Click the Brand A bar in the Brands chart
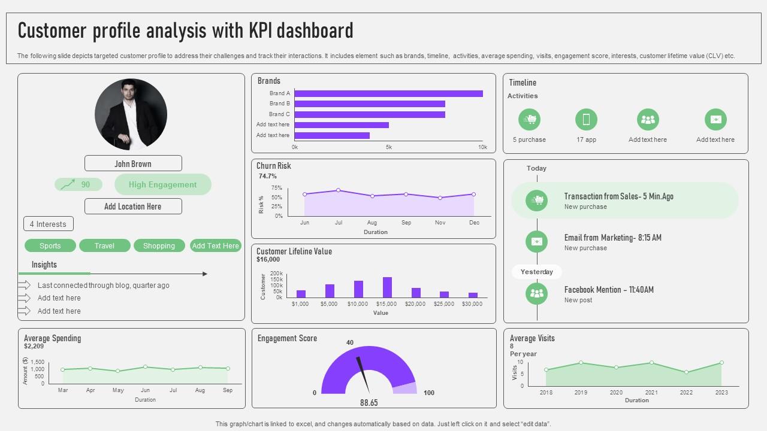point(388,93)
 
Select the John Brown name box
point(133,163)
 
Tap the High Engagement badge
point(162,184)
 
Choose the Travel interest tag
point(104,245)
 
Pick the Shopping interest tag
point(159,245)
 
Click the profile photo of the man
point(131,114)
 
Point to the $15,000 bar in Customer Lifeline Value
point(387,287)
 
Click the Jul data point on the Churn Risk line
point(339,190)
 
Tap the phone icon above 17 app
point(586,119)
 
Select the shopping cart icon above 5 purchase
point(529,119)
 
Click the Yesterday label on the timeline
point(537,272)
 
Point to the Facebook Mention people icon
point(537,293)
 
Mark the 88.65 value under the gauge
point(369,403)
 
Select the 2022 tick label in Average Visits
point(686,393)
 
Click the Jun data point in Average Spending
point(145,367)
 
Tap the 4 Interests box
point(49,224)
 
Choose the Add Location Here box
point(133,207)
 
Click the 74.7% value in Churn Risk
point(268,177)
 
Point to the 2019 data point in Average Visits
point(581,363)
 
